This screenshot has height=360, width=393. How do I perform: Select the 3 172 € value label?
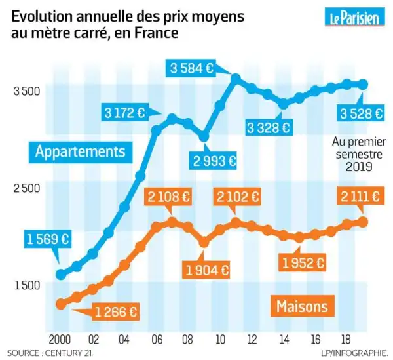point(124,112)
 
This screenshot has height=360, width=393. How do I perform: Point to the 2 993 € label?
point(214,159)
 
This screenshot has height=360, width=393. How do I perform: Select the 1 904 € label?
point(207,269)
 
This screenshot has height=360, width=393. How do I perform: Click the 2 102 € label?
point(238,197)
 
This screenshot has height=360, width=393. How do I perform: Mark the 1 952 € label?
point(302,262)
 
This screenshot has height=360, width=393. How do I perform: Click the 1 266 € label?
point(117,312)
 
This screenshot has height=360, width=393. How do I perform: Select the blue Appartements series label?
point(80,151)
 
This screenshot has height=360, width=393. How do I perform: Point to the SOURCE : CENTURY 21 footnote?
point(52,353)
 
